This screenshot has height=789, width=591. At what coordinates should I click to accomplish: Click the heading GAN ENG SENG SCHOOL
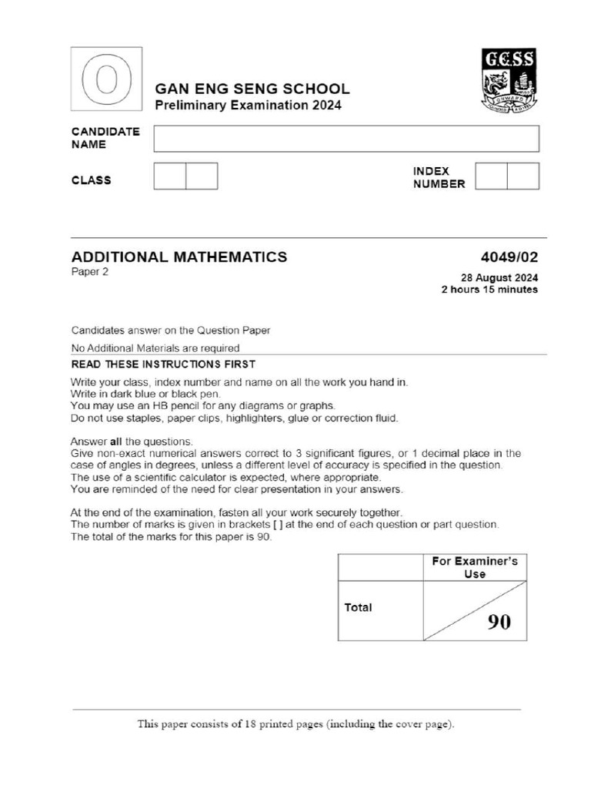tap(252, 89)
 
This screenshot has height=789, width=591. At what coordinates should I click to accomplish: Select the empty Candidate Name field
tap(346, 139)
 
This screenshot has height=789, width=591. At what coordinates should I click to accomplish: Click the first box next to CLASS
tap(170, 176)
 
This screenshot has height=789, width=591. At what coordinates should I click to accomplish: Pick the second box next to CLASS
tap(202, 176)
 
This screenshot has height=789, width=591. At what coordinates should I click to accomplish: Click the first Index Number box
tap(491, 176)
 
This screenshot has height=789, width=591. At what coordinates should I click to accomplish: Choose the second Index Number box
tap(523, 176)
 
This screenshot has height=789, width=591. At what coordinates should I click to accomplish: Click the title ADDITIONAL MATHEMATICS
tap(179, 257)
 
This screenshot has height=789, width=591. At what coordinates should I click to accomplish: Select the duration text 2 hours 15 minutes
tap(489, 290)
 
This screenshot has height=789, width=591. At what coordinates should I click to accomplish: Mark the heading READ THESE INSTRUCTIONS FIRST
tap(163, 364)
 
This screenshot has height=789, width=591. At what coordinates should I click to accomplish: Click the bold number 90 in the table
tap(498, 623)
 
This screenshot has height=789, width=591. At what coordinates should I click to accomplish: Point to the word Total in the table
tap(358, 607)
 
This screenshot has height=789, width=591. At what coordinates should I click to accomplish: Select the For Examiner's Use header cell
tap(475, 567)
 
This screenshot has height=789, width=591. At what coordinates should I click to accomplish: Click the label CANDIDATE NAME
tap(105, 138)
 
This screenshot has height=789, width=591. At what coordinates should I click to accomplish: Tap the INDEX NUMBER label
tap(439, 177)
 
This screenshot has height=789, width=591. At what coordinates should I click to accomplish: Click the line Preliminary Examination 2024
tap(248, 106)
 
